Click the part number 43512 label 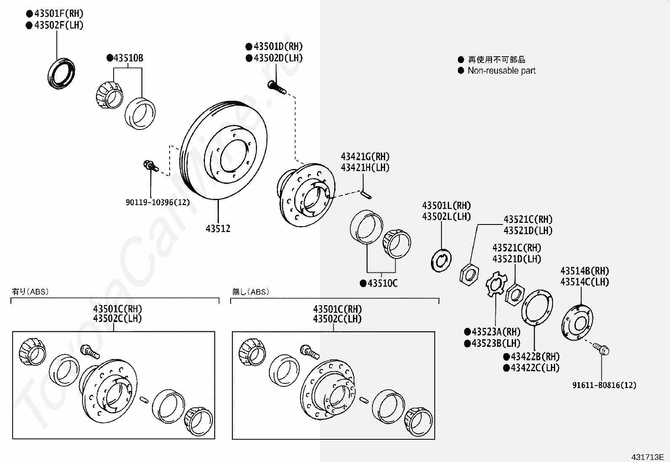tap(218, 229)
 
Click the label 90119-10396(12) tap(158, 202)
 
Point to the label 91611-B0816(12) tap(604, 385)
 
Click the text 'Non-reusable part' tap(501, 71)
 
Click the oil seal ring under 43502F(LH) tap(62, 74)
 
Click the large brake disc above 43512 tap(223, 151)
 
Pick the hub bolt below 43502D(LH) tap(277, 87)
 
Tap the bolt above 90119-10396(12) tap(150, 165)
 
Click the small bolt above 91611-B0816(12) tap(601, 348)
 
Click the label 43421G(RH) tap(365, 157)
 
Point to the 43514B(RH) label tap(585, 271)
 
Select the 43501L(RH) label tap(446, 206)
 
